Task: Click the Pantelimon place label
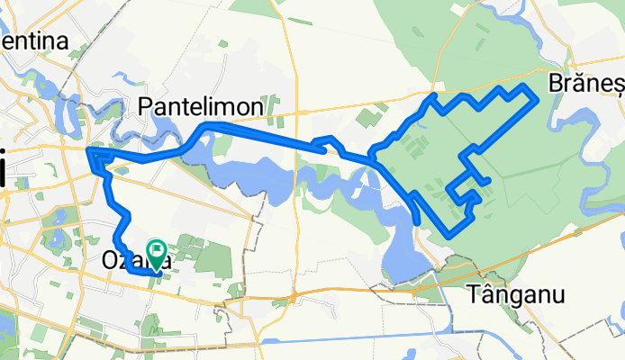(202, 106)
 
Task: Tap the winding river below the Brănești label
(590, 117)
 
